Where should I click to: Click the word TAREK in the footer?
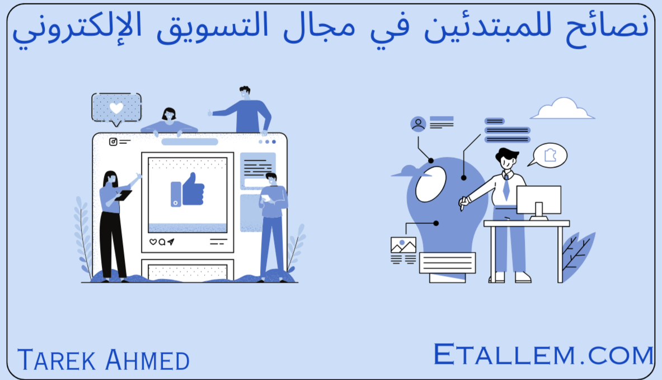pyautogui.click(x=57, y=360)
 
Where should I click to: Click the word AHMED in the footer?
pyautogui.click(x=147, y=360)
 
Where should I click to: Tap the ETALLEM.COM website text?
pyautogui.click(x=544, y=354)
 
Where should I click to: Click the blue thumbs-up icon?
pyautogui.click(x=187, y=190)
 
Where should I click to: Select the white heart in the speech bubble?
pyautogui.click(x=116, y=108)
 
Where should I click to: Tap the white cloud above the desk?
pyautogui.click(x=562, y=109)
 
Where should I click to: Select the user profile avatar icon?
pyautogui.click(x=418, y=124)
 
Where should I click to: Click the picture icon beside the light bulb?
pyautogui.click(x=403, y=245)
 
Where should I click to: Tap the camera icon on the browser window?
pyautogui.click(x=113, y=142)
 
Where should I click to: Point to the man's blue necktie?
pyautogui.click(x=506, y=188)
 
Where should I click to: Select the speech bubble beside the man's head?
pyautogui.click(x=548, y=156)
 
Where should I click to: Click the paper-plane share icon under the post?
pyautogui.click(x=171, y=242)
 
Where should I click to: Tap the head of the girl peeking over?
pyautogui.click(x=169, y=114)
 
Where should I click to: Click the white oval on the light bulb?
pyautogui.click(x=431, y=184)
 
